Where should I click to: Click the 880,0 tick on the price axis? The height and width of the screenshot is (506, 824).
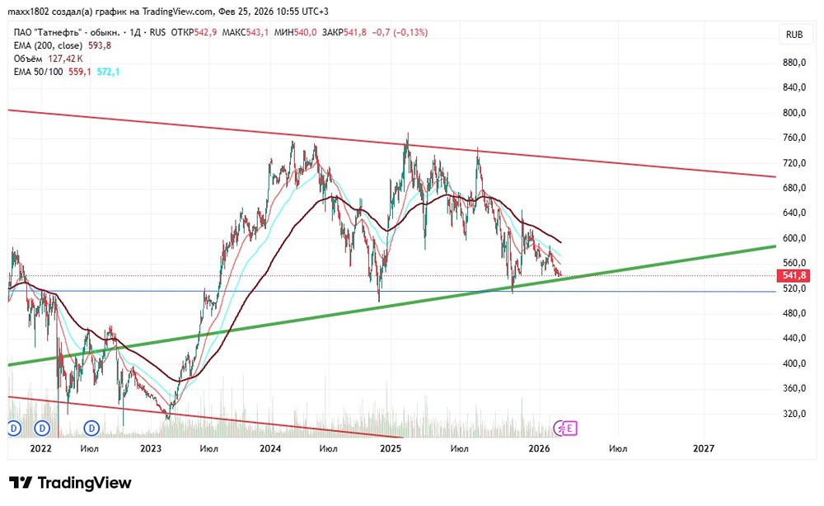pos(794,63)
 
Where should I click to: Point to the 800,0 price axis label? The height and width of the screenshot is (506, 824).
pos(794,112)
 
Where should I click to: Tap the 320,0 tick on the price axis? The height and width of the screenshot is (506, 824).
pos(794,414)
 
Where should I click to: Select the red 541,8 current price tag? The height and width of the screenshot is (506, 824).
pos(794,275)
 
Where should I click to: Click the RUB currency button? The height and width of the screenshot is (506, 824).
pos(794,35)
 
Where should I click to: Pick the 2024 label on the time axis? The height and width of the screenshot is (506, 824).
pos(270,448)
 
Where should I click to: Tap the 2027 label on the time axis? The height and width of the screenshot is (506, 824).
pos(703,448)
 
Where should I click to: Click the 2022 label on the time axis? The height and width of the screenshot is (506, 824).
pos(40,448)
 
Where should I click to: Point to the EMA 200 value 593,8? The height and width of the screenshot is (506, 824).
pos(100,45)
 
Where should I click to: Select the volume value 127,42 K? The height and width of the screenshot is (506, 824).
pos(66,59)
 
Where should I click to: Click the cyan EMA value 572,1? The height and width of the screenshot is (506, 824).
pos(108,72)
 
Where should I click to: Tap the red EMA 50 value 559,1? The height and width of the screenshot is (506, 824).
pos(80,72)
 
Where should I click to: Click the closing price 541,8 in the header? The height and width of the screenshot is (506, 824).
pos(355,33)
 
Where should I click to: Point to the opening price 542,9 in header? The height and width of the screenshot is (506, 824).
pos(205,33)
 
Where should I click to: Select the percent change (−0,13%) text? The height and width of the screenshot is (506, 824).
pos(410,33)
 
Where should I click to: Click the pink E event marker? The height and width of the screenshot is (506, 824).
pos(569,429)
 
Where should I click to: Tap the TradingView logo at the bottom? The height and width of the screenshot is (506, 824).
pos(70,483)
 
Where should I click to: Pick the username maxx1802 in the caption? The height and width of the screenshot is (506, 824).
pos(28,12)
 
